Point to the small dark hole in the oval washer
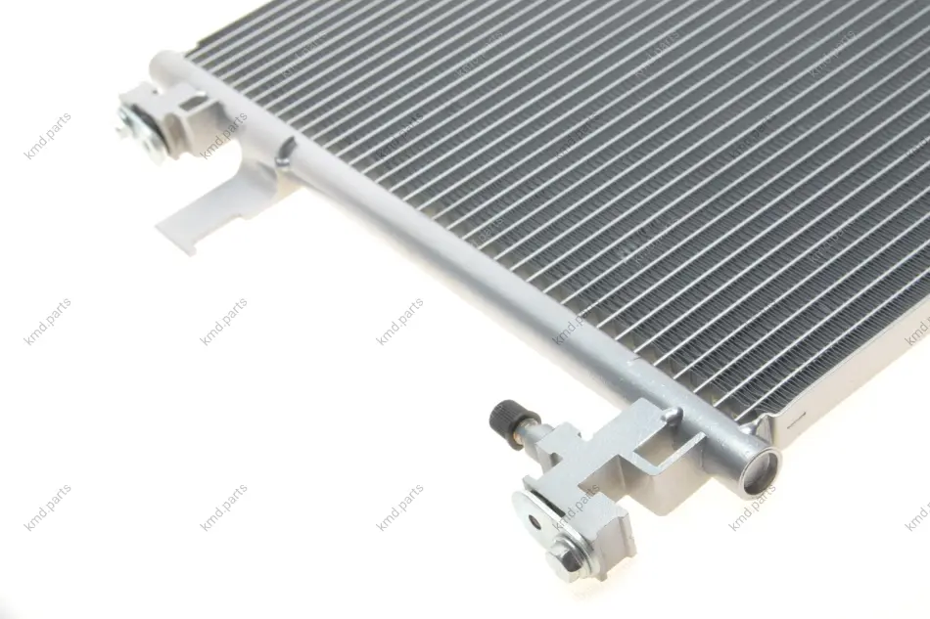point(535,522)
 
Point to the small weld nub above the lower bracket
point(674,414)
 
